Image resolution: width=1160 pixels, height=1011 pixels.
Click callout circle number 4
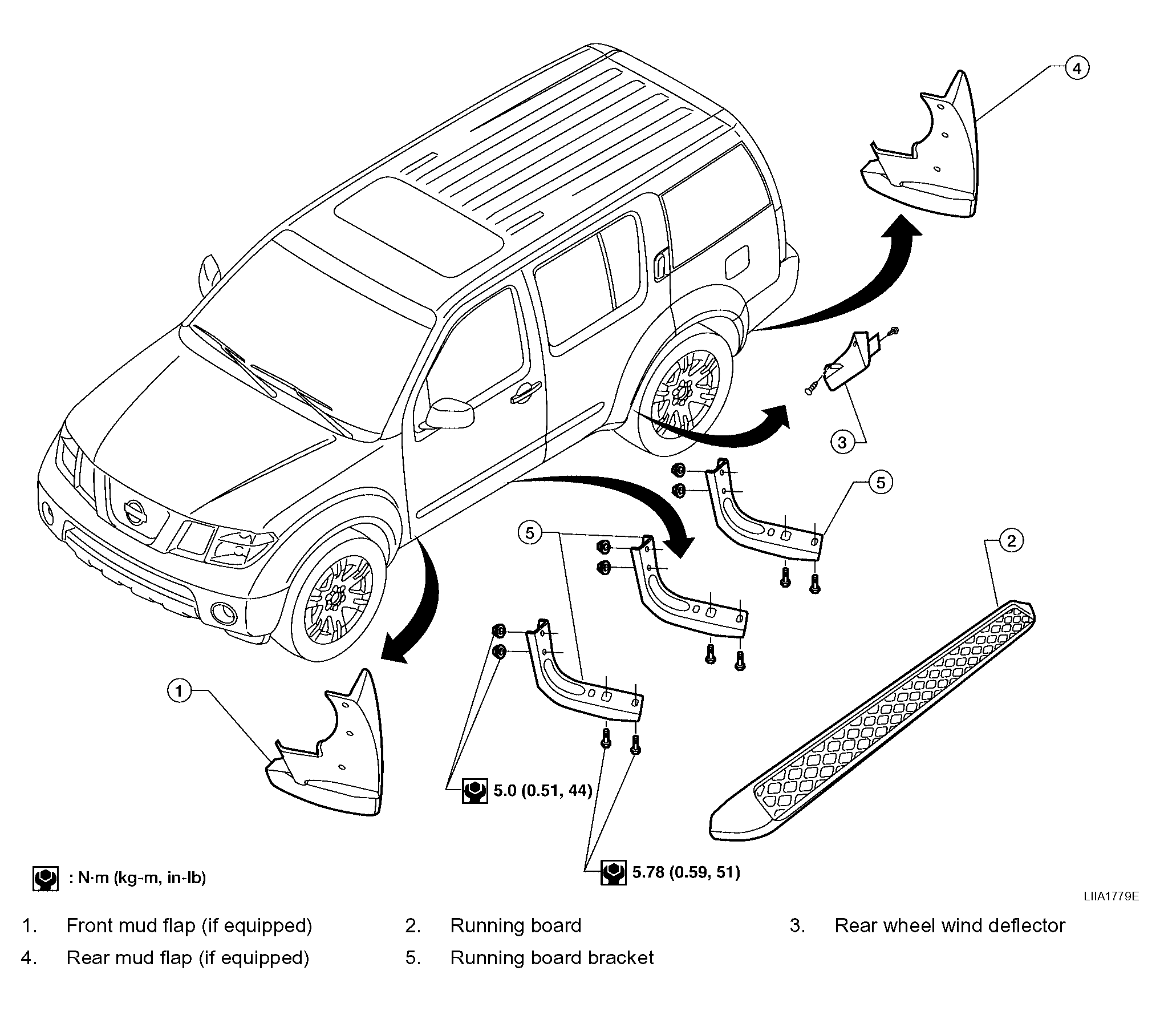click(x=1077, y=69)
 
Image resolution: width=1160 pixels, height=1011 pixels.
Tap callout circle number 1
click(x=180, y=691)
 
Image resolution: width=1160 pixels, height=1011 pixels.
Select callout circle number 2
click(x=1011, y=540)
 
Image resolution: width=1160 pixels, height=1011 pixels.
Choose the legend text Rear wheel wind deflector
click(x=950, y=926)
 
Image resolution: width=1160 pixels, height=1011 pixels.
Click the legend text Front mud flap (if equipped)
click(x=189, y=926)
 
